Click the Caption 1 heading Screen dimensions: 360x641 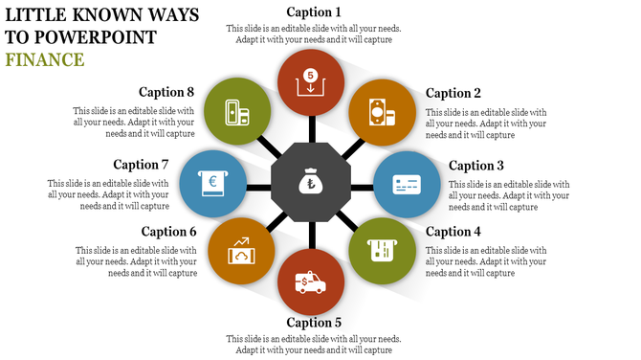(314, 12)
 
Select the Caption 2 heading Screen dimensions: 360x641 (453, 93)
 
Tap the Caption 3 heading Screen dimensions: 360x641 (476, 166)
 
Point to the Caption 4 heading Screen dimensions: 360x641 (453, 232)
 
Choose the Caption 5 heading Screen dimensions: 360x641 (314, 323)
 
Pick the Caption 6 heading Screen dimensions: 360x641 (168, 232)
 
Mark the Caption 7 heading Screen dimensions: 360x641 (141, 165)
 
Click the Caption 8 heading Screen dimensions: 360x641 (166, 93)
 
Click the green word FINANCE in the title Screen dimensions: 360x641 (44, 59)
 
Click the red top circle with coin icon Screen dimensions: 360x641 (310, 80)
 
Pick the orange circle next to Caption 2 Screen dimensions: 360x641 (380, 111)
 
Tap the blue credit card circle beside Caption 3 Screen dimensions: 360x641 (406, 182)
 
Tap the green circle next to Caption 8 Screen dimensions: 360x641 (237, 111)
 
